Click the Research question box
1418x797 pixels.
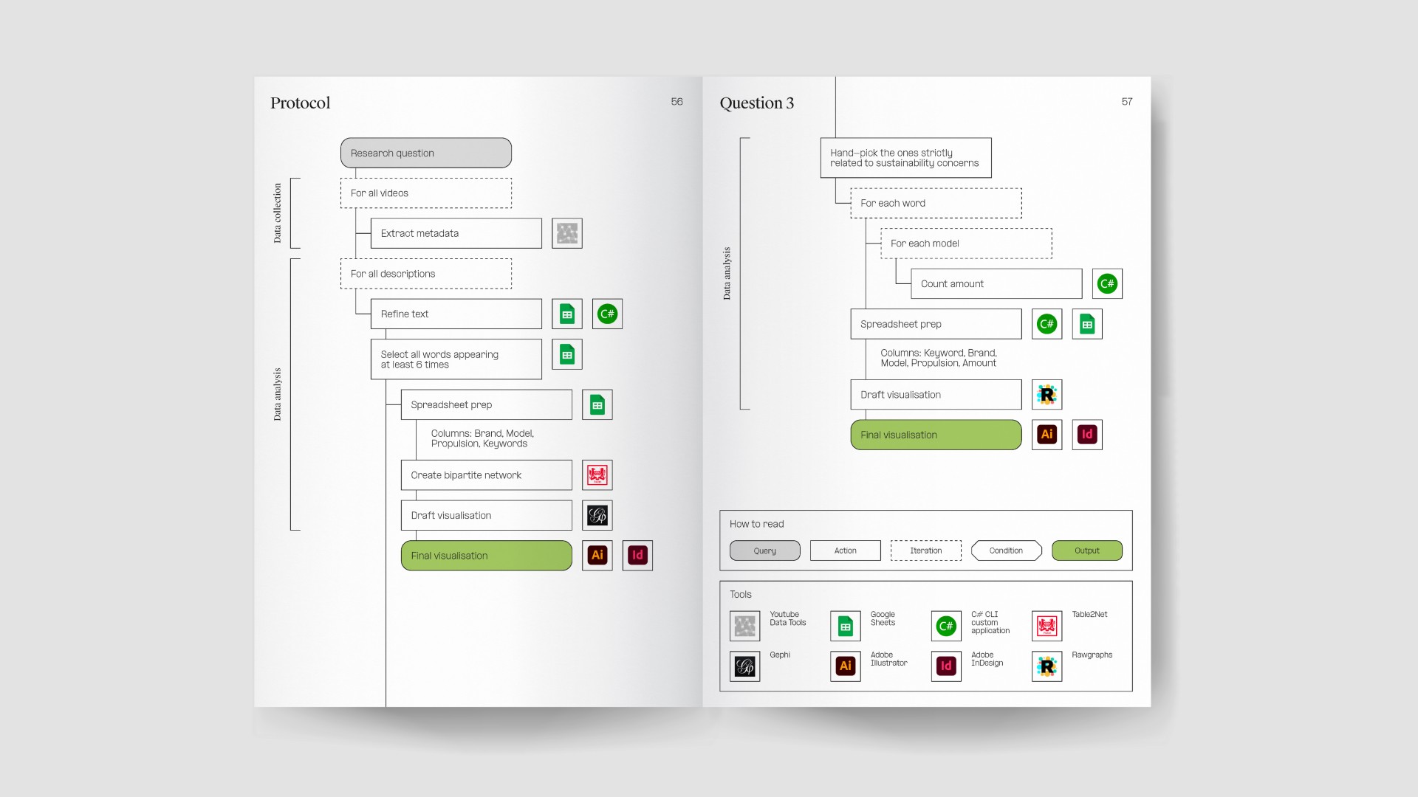426,153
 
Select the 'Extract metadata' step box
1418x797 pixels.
456,233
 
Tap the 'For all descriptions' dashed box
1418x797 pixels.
426,274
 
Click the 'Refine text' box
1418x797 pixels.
456,314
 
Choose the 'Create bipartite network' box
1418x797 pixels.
486,475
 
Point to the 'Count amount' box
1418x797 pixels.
996,283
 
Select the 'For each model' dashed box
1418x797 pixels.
966,244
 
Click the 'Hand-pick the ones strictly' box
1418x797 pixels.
905,158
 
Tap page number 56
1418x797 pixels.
677,102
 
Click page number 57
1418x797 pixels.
1127,102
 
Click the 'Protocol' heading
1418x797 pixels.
300,103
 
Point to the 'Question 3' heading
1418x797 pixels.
757,103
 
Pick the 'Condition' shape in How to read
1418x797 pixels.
1006,551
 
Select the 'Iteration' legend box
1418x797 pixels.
926,551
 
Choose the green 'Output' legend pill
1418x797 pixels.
1087,551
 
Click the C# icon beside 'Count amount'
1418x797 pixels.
1107,283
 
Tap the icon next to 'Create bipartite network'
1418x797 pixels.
597,475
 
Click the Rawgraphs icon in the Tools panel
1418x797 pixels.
1047,666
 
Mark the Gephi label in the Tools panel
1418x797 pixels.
780,655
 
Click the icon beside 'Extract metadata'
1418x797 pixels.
567,233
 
